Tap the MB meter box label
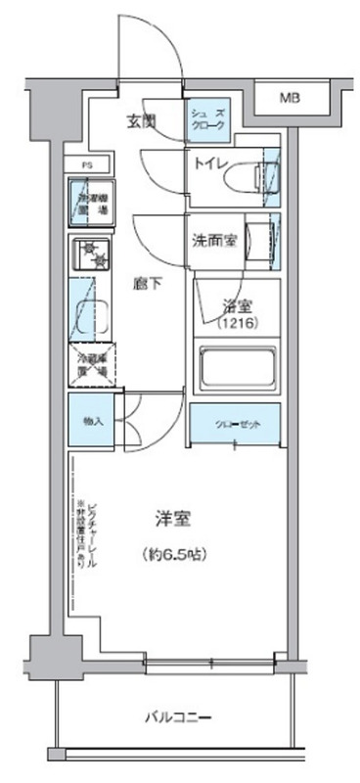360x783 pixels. coord(290,97)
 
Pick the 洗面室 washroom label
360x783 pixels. coord(212,240)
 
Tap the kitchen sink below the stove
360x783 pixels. coord(89,308)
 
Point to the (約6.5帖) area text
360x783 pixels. coord(172,554)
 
